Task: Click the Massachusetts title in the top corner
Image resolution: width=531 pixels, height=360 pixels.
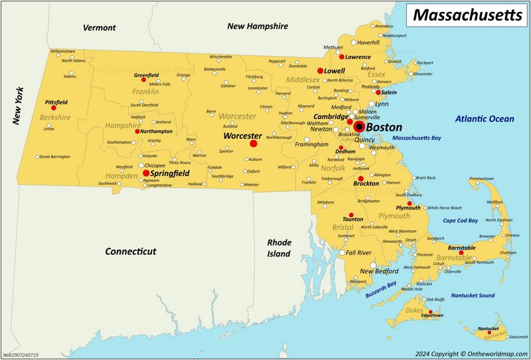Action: tap(468, 15)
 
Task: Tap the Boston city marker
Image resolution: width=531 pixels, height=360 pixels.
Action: tap(359, 127)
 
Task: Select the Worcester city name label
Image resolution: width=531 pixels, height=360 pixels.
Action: tap(242, 135)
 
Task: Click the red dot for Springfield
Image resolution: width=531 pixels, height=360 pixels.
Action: tap(146, 173)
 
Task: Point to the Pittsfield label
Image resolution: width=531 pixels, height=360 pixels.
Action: tap(56, 102)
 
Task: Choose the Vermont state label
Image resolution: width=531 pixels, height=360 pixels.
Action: tap(100, 28)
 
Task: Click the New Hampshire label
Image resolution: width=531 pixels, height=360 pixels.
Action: tap(258, 27)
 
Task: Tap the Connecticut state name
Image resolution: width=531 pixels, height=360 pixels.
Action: tap(131, 252)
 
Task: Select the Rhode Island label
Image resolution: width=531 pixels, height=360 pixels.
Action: tap(279, 248)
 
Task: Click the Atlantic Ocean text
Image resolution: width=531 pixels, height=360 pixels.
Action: tap(485, 119)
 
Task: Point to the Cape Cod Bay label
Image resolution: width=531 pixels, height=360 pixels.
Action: tap(461, 221)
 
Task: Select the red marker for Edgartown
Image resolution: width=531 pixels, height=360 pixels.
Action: tap(431, 312)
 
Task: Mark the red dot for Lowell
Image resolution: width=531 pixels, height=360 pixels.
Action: tap(320, 70)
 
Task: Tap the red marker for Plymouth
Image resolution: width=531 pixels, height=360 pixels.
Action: tap(410, 203)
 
